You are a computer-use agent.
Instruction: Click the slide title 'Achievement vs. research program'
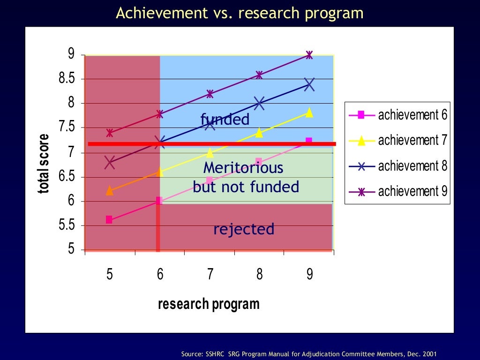240,13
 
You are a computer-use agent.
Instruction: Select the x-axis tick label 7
210,274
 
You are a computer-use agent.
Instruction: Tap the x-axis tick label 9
309,274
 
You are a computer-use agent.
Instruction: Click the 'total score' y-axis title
44,164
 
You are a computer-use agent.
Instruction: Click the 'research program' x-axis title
209,304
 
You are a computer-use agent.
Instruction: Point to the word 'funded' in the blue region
225,120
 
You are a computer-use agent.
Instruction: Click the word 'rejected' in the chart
244,229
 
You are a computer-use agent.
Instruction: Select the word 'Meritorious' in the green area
243,167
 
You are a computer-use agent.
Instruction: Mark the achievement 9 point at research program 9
309,55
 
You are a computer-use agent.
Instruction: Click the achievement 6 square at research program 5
109,220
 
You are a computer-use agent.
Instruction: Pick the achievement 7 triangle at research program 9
309,112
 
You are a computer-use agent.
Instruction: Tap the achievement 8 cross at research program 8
259,104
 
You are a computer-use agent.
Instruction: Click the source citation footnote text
310,354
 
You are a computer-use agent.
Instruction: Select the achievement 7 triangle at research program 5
109,190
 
